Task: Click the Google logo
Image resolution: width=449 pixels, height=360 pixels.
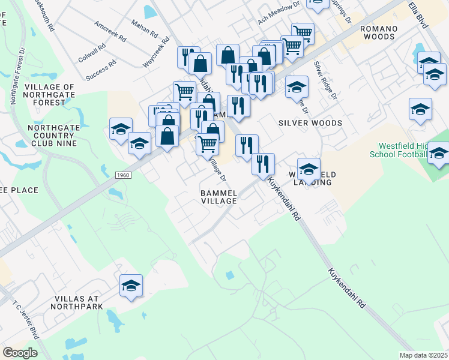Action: [x=20, y=353]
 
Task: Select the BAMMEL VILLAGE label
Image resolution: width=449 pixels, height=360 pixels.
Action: [x=218, y=197]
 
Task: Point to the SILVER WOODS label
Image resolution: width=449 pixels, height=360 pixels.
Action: [x=310, y=123]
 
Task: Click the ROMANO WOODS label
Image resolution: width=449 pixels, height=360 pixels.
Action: [x=383, y=34]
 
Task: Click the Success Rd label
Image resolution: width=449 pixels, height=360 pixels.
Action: [x=100, y=70]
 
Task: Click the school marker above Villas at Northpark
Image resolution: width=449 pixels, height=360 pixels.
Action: [x=130, y=286]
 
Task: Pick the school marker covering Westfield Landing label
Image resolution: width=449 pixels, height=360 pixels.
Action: [x=309, y=169]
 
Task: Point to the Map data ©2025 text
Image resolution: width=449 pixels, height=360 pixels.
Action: [x=424, y=355]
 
